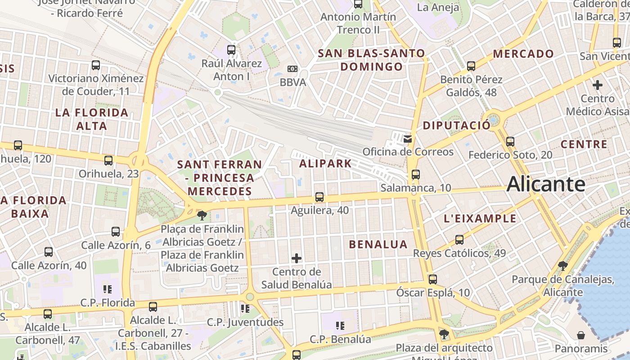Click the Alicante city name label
(x=546, y=184)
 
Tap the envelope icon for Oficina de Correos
(x=408, y=139)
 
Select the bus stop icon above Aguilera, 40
(x=319, y=197)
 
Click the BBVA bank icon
(x=292, y=69)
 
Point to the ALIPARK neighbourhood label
(x=325, y=163)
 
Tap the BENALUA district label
(x=378, y=244)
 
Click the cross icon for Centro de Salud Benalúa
(x=297, y=258)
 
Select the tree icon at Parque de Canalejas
(x=562, y=266)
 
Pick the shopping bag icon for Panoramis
(x=581, y=335)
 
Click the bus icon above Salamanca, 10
(x=415, y=175)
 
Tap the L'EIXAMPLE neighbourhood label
(x=480, y=219)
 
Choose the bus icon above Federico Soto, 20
(x=510, y=142)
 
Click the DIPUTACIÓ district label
(x=456, y=126)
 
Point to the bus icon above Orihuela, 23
(x=108, y=161)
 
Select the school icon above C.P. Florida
(x=107, y=289)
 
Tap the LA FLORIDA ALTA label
(x=92, y=119)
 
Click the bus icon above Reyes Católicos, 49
(x=459, y=240)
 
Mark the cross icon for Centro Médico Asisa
(x=597, y=85)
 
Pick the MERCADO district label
(x=523, y=54)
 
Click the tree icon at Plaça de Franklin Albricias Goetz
(x=202, y=215)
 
